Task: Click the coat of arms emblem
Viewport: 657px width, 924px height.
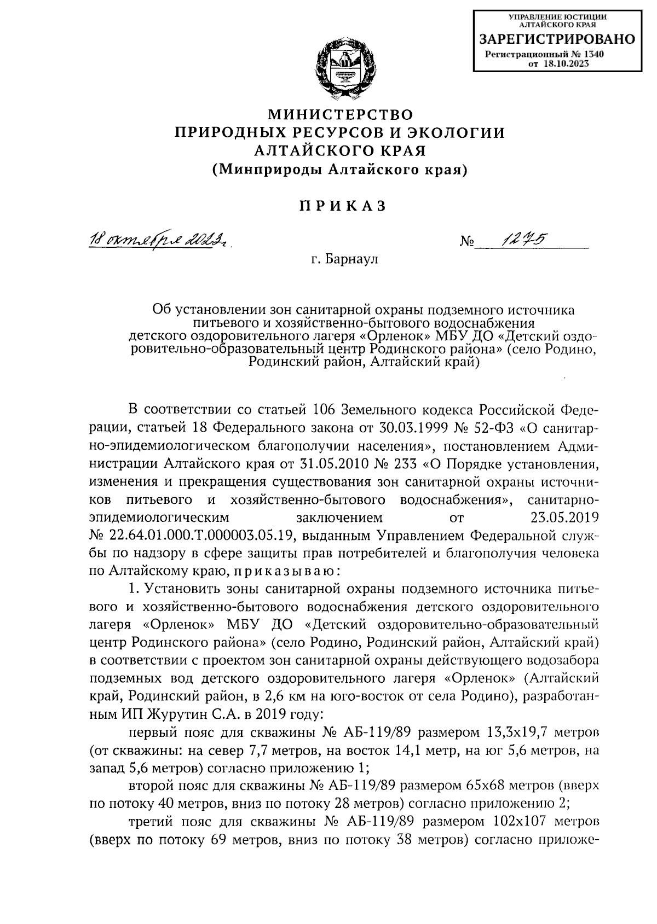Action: click(x=341, y=67)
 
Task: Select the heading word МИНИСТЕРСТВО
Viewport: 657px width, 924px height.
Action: click(x=340, y=115)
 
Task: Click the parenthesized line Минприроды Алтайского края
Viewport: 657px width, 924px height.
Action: click(x=340, y=170)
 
